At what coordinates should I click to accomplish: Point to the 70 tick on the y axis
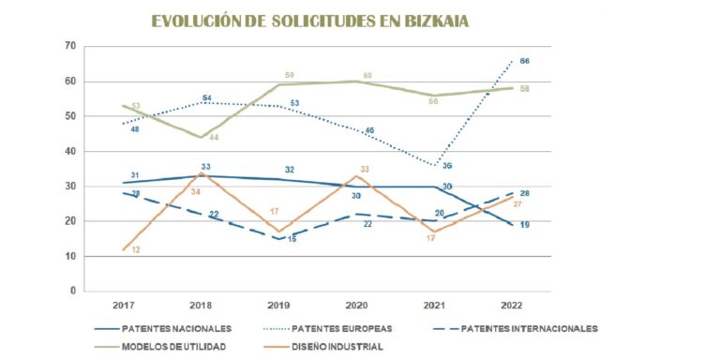(70, 46)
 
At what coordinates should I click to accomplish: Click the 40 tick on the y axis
(70, 151)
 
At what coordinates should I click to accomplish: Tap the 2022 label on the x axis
(511, 306)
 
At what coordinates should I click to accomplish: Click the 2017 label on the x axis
(124, 306)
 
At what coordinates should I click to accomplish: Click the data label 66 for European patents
(525, 61)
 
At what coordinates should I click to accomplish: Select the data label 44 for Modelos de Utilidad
(213, 138)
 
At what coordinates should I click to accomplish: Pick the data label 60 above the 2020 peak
(367, 76)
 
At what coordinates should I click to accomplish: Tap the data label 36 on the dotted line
(447, 166)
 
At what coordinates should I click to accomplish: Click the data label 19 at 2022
(525, 225)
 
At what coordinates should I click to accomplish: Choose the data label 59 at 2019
(290, 75)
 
